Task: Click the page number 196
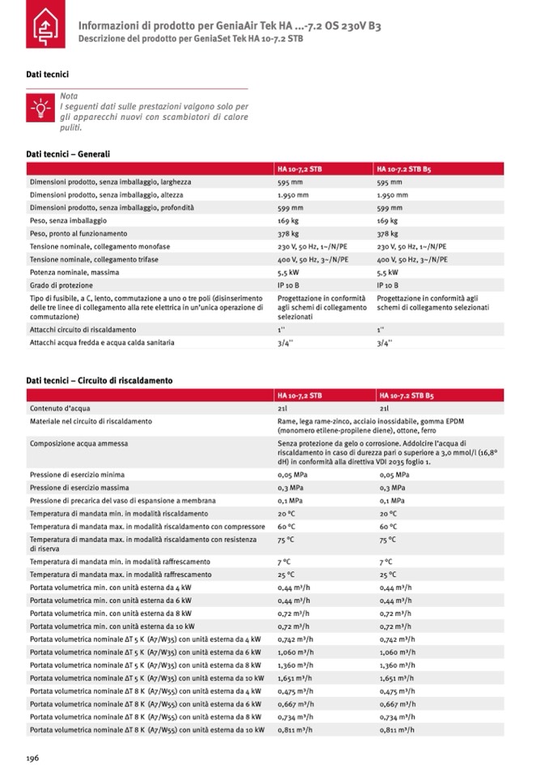coord(32,758)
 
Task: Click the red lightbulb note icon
coord(39,106)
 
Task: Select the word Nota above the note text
coord(69,96)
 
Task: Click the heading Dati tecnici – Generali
coord(68,154)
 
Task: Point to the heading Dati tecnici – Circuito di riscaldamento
coord(99,380)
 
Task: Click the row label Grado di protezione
coord(64,285)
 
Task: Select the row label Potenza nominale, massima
coord(74,272)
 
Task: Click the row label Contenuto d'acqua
coord(60,408)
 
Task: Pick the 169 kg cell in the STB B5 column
coord(387,220)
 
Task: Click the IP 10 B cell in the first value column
coord(288,285)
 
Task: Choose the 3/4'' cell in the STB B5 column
coord(384,343)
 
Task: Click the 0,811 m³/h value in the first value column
coord(295,729)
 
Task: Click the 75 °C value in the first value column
coord(286,540)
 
